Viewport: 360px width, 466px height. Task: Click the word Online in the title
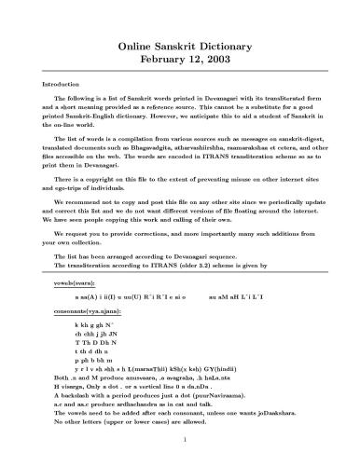[x=135, y=44]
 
